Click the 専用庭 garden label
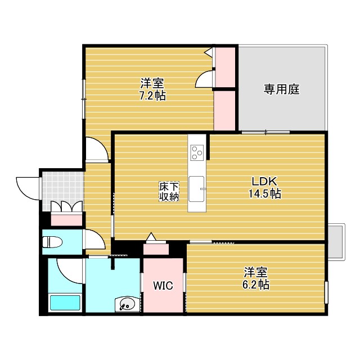[x=282, y=89]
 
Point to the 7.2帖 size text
[x=152, y=95]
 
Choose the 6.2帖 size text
[x=256, y=285]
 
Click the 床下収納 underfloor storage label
[x=169, y=191]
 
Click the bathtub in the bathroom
[x=65, y=303]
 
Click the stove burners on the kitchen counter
[x=197, y=152]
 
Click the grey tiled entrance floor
[x=62, y=186]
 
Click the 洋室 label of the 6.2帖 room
[x=256, y=272]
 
